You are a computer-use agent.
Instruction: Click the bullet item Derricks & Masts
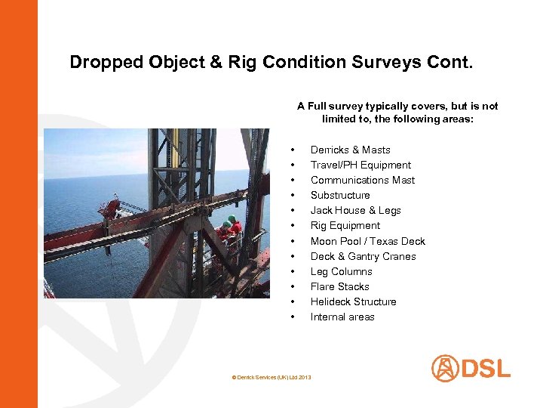tap(350, 150)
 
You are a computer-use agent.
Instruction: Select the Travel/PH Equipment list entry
tap(360, 165)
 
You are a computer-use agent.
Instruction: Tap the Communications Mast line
tap(362, 180)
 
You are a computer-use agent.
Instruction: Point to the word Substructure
tap(340, 195)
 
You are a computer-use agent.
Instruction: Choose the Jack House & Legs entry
tap(355, 210)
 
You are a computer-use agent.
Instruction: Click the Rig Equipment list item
tap(345, 225)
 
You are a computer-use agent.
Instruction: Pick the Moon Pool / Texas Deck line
tap(367, 241)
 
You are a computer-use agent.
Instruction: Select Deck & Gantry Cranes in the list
tap(363, 256)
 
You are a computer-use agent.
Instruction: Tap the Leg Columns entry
tap(341, 271)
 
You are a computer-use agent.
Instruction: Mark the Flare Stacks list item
tap(339, 286)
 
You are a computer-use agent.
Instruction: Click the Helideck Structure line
tap(353, 301)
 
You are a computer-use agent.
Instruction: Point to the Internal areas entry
tap(342, 317)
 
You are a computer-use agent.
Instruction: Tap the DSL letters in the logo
tap(486, 369)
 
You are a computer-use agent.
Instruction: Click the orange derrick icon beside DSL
tap(445, 369)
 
